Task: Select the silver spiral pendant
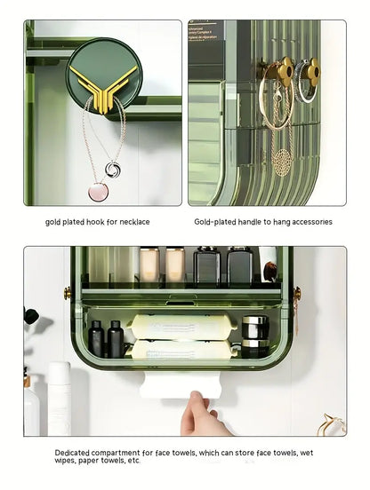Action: tap(114, 168)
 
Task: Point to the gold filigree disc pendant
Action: tap(282, 162)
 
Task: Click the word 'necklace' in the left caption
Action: tap(132, 222)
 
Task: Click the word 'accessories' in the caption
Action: tap(310, 222)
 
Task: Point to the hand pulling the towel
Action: tap(199, 415)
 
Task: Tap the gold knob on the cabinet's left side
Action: tap(68, 293)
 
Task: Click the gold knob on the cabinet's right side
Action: tap(296, 293)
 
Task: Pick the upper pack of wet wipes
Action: tap(181, 325)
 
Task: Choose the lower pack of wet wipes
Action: tap(181, 349)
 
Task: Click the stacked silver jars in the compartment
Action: tap(254, 336)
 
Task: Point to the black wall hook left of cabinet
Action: tap(30, 315)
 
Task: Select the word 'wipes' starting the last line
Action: tap(66, 462)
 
